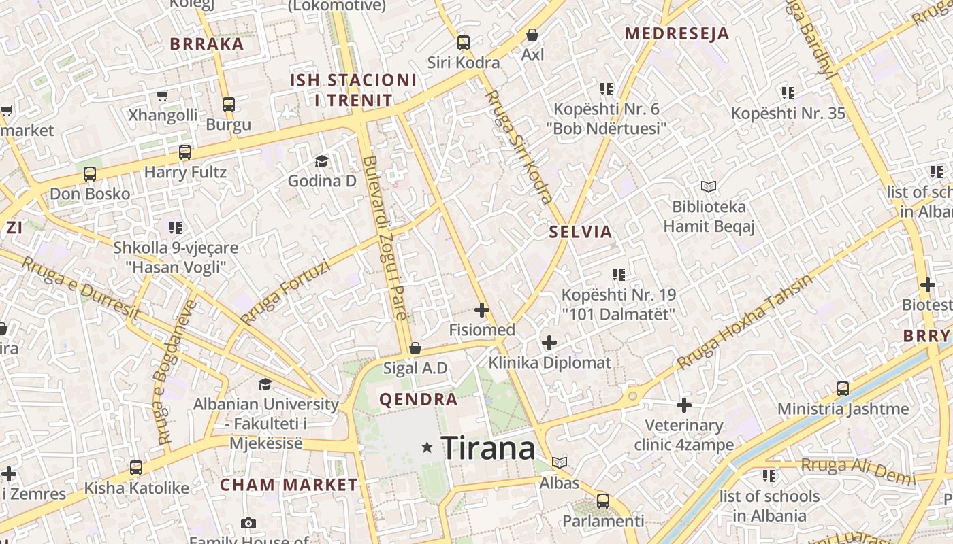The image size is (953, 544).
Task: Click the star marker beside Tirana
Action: point(427,447)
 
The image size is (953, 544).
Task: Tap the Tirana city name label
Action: point(488,448)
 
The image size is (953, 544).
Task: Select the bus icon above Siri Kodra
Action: point(464,42)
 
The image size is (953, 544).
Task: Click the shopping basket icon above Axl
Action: point(532,34)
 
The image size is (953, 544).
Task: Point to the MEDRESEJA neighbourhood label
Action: point(677,33)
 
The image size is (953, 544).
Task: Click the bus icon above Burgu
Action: point(229,105)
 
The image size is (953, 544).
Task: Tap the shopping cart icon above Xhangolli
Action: point(163,96)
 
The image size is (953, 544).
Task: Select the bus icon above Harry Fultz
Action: point(185,152)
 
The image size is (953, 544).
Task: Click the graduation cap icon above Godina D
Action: point(321,161)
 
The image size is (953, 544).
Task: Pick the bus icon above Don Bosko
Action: point(90,174)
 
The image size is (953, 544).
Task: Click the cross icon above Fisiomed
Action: point(482,311)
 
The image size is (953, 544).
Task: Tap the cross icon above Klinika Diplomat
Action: point(549,343)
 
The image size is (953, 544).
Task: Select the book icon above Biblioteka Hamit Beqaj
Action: point(709,186)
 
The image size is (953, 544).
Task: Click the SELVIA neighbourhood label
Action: point(581,232)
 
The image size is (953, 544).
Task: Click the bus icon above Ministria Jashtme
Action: point(843,389)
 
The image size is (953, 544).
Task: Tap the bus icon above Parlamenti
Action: point(602,501)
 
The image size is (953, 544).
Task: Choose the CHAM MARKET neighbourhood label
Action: point(289,485)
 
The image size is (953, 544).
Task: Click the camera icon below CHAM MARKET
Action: point(248,523)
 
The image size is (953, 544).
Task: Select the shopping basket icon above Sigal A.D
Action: point(415,349)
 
